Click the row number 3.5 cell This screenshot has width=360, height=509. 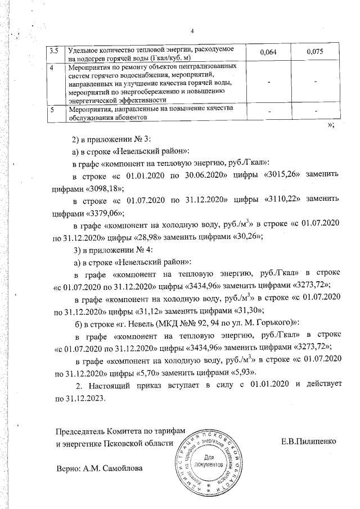click(x=55, y=51)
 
